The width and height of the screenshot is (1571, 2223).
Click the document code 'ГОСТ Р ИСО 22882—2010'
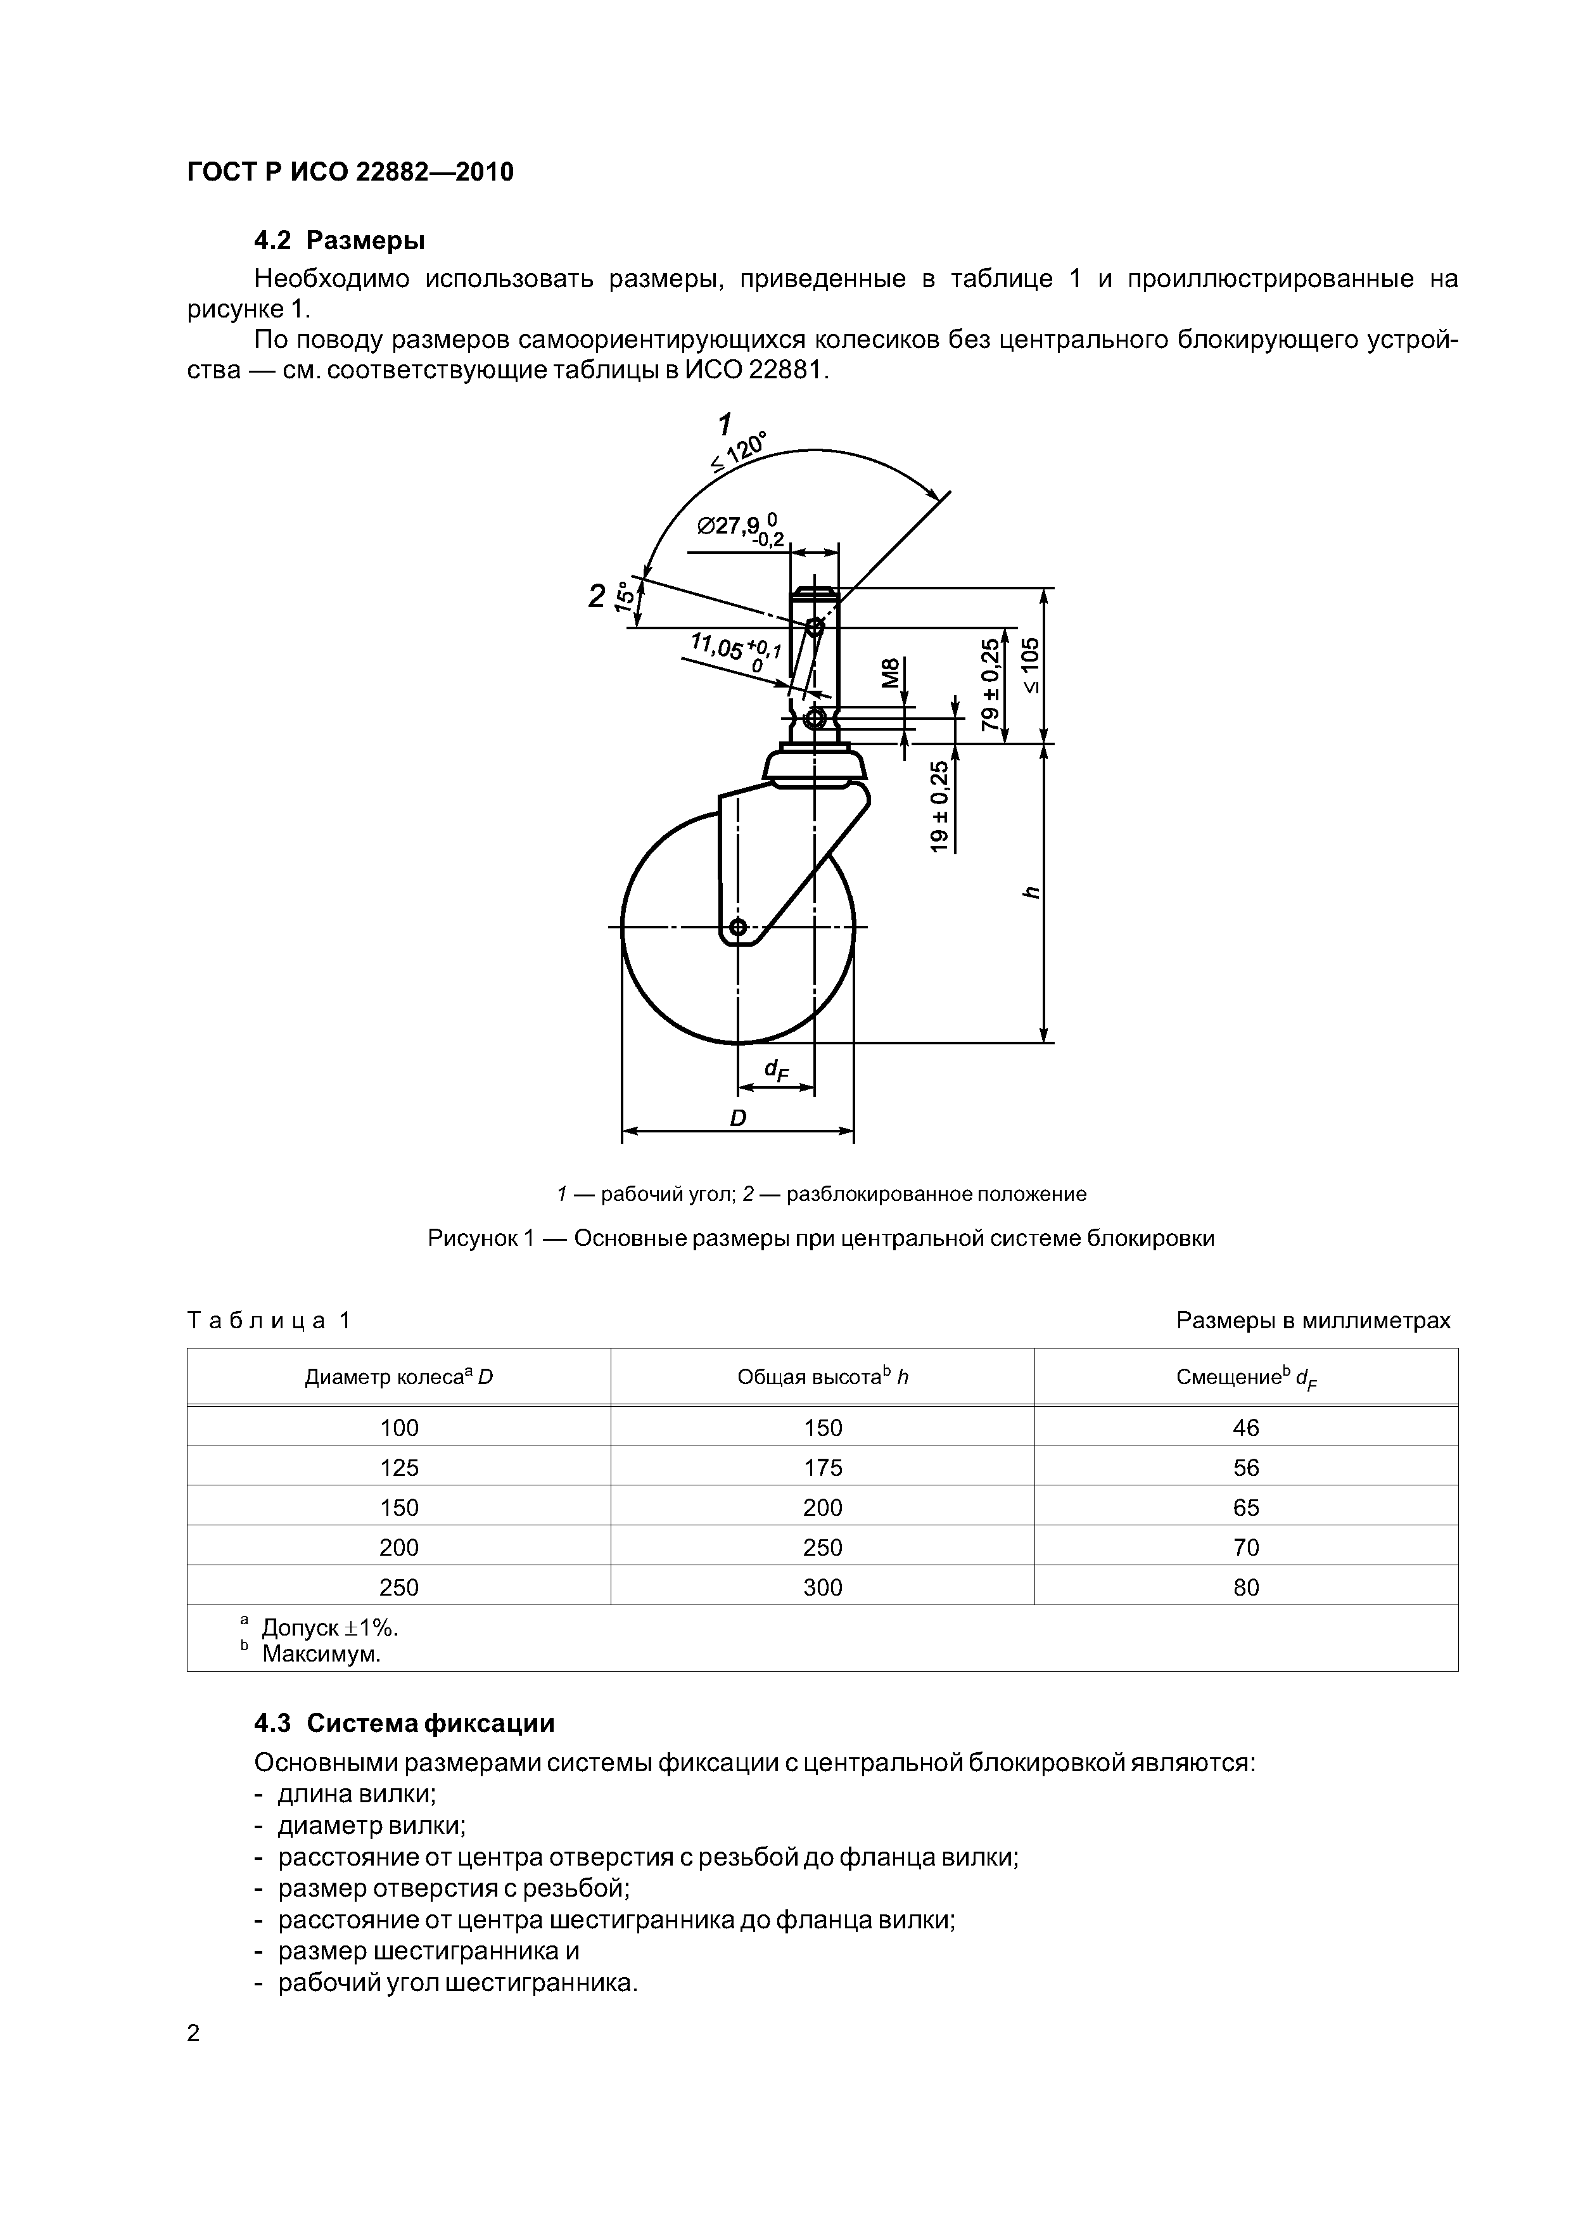tap(350, 172)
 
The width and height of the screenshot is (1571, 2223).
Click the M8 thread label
tap(891, 672)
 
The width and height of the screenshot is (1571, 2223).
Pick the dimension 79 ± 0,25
tap(989, 684)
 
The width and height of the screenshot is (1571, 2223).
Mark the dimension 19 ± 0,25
tap(939, 805)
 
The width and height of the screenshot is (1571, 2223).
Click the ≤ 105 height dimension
tap(1031, 665)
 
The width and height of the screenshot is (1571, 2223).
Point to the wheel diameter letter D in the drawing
tap(737, 1118)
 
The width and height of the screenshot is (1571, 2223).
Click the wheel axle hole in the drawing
tap(737, 928)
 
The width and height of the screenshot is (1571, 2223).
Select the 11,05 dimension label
tap(734, 651)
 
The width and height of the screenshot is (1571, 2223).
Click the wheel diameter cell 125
tap(399, 1467)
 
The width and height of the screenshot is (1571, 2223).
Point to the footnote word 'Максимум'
tap(321, 1654)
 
